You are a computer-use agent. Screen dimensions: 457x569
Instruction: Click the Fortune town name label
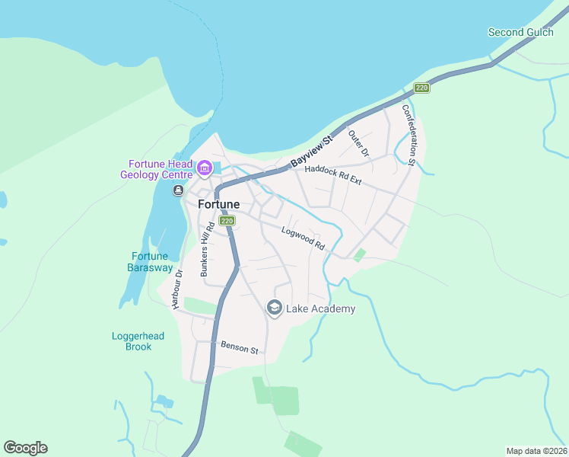pos(218,204)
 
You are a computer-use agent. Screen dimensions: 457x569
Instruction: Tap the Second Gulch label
pos(517,32)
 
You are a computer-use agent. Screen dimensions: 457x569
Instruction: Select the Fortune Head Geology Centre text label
pos(159,169)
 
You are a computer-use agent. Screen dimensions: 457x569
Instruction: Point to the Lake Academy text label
pos(320,308)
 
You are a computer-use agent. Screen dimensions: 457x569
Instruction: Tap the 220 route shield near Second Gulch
pos(422,88)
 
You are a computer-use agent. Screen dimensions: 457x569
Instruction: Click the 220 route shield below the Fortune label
pos(227,221)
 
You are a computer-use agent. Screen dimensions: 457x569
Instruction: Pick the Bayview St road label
pos(312,152)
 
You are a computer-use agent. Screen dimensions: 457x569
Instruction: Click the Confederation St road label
pos(408,135)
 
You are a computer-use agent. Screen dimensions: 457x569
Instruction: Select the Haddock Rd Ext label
pos(332,176)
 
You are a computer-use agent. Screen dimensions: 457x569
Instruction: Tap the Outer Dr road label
pos(358,144)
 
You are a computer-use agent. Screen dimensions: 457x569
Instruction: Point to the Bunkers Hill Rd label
pos(204,250)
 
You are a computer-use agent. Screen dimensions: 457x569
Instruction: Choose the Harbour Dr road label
pos(177,289)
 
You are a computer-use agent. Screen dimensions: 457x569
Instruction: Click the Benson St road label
pos(240,347)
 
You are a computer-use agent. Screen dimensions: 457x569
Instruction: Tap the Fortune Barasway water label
pos(149,261)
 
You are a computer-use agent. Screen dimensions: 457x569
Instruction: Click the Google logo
pos(25,448)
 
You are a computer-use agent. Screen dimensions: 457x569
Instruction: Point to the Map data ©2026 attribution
pos(536,451)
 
